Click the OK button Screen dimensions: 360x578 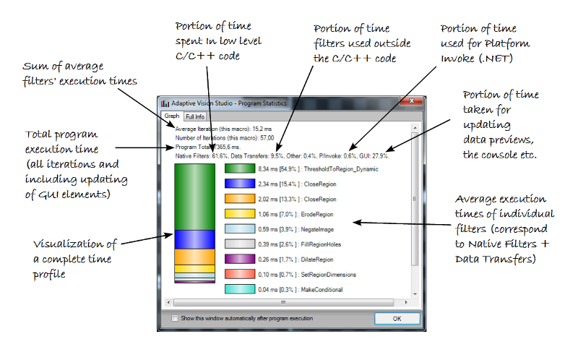(397, 318)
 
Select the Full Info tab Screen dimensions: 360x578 (194, 116)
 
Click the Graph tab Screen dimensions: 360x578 (171, 116)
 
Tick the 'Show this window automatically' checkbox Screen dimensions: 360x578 (174, 318)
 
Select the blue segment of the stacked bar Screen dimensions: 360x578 (195, 239)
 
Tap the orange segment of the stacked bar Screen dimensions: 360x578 (195, 257)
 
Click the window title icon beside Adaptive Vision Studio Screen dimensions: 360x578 (165, 103)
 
